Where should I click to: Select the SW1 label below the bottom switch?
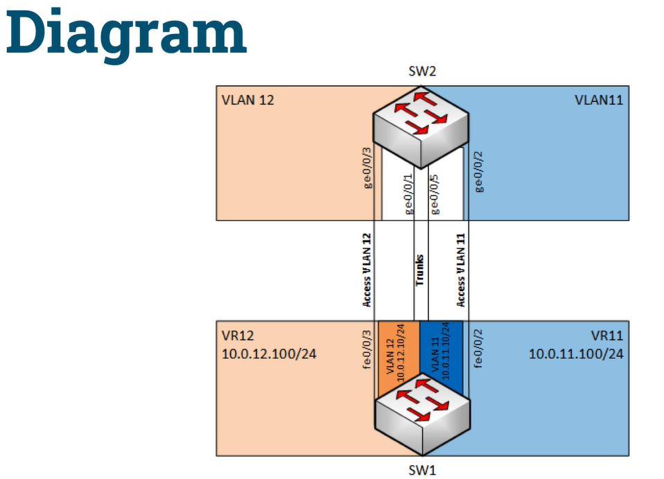pyautogui.click(x=421, y=470)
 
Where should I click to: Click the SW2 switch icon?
pyautogui.click(x=421, y=125)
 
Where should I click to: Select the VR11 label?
pyautogui.click(x=608, y=336)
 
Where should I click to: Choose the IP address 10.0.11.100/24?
pyautogui.click(x=576, y=354)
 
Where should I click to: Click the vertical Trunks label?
pyautogui.click(x=419, y=270)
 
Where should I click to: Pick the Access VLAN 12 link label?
pyautogui.click(x=367, y=270)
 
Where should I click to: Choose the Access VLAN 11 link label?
pyautogui.click(x=462, y=270)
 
